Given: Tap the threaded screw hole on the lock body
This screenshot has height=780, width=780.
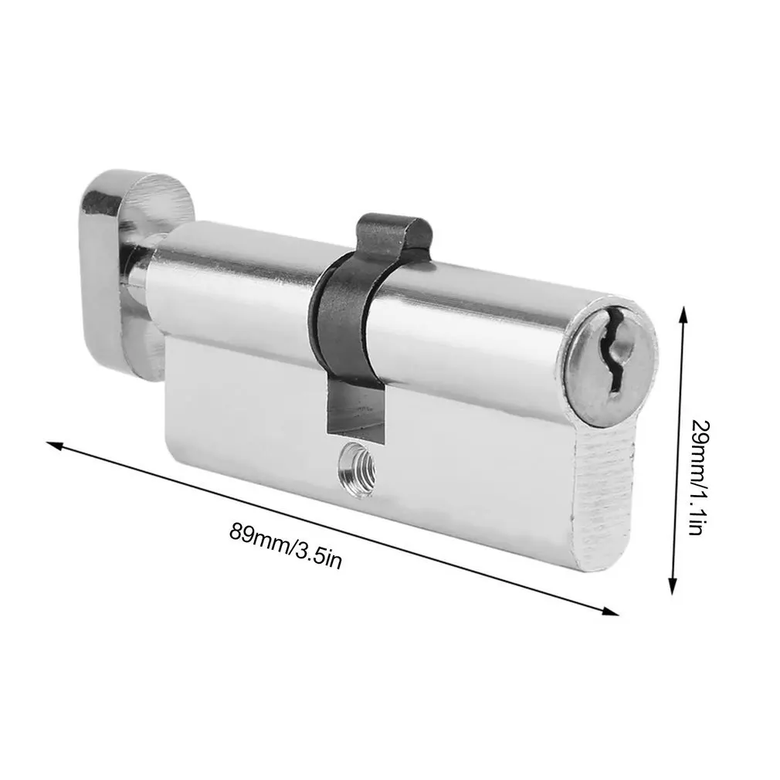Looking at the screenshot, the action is [x=356, y=468].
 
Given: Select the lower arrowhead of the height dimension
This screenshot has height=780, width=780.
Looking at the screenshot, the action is [x=673, y=585].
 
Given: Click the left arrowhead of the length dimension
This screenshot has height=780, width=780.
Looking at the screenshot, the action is [x=56, y=445].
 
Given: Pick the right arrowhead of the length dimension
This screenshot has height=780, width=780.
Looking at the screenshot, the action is [x=609, y=611].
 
